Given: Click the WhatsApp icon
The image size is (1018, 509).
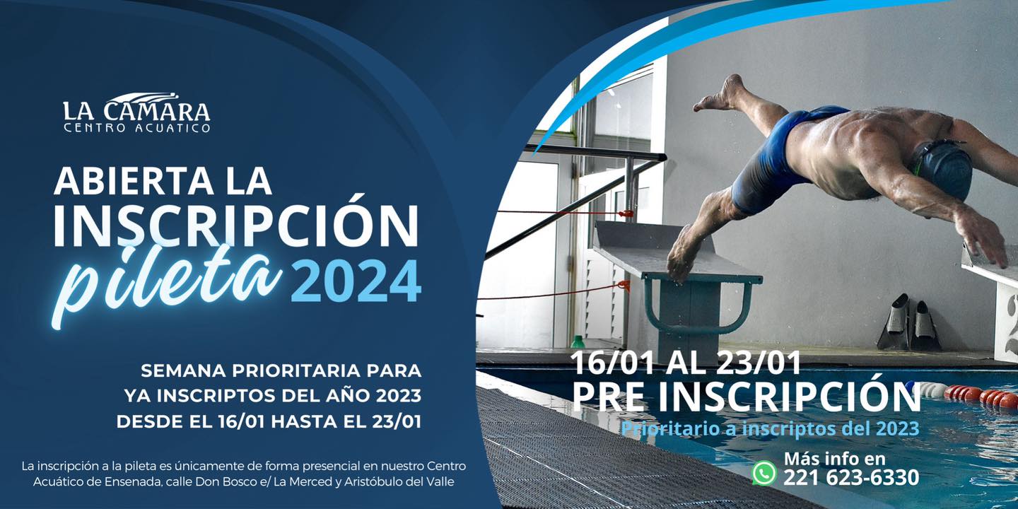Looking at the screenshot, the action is coord(765,473).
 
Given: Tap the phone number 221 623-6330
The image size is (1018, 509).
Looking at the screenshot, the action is coord(850,478).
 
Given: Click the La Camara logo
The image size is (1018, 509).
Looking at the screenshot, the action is coord(136,112).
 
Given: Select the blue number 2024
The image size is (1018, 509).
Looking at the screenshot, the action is coord(356,281).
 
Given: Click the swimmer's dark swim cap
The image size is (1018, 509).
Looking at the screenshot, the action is coord(942,168).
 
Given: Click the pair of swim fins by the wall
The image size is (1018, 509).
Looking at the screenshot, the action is coord(908,322).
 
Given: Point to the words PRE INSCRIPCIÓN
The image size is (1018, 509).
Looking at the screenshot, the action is coord(746,397).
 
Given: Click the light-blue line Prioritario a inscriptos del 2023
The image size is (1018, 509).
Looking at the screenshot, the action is coord(771,429).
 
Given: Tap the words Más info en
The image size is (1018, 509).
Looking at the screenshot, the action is coord(835,458).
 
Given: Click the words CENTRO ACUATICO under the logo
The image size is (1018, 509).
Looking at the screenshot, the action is coord(137,128).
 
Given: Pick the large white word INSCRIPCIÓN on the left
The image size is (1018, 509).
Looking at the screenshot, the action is coord(236,226).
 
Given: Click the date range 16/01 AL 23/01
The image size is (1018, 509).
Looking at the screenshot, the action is coord(686,363).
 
